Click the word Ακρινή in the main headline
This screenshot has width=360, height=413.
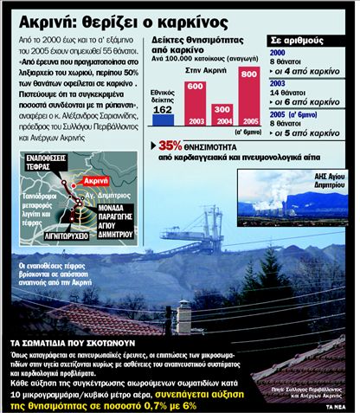click(43, 14)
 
